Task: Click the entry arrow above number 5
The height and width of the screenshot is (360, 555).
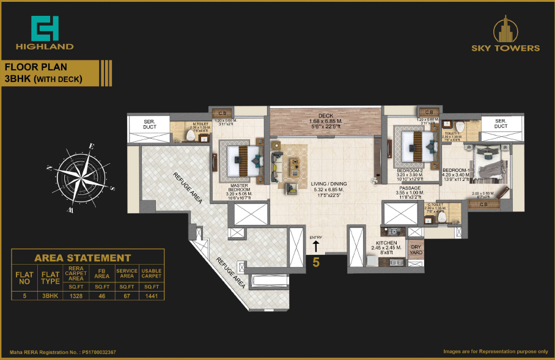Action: click(316, 246)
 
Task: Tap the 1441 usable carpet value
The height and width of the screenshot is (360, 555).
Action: click(151, 295)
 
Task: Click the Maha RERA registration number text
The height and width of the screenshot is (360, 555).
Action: click(63, 353)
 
